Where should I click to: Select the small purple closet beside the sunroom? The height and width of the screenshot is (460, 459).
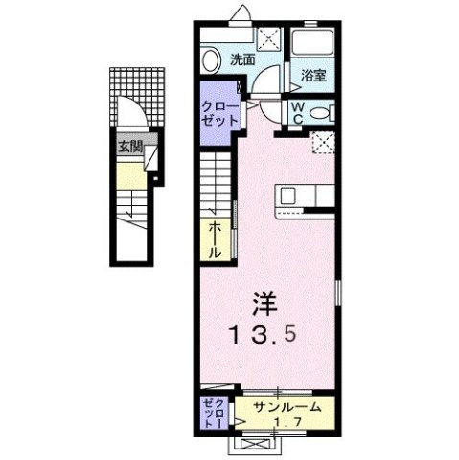coord(213,412)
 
